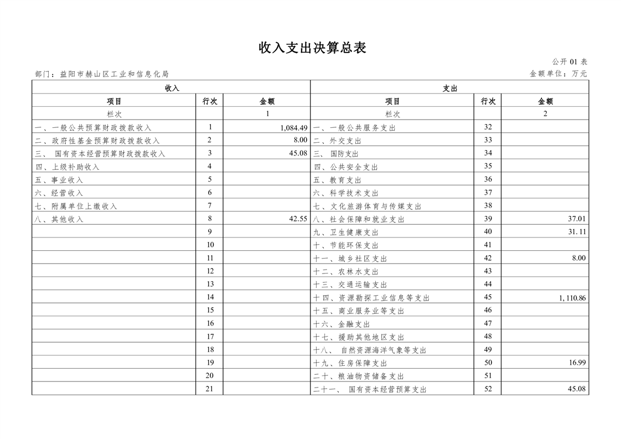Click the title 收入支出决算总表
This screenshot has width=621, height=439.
click(x=313, y=48)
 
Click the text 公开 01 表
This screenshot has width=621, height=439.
click(x=569, y=61)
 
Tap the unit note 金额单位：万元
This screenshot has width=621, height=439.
click(x=558, y=74)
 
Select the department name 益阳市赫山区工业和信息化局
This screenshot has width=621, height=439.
click(x=114, y=74)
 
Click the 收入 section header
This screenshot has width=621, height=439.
click(x=172, y=88)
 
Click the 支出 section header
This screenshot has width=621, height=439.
click(x=449, y=88)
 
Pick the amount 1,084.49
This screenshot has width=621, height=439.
click(x=293, y=127)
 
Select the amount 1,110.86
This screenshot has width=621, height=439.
click(x=572, y=298)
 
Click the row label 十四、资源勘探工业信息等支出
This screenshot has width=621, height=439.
click(x=371, y=298)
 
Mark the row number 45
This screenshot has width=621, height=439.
click(x=488, y=297)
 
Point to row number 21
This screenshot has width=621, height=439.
click(x=210, y=389)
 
